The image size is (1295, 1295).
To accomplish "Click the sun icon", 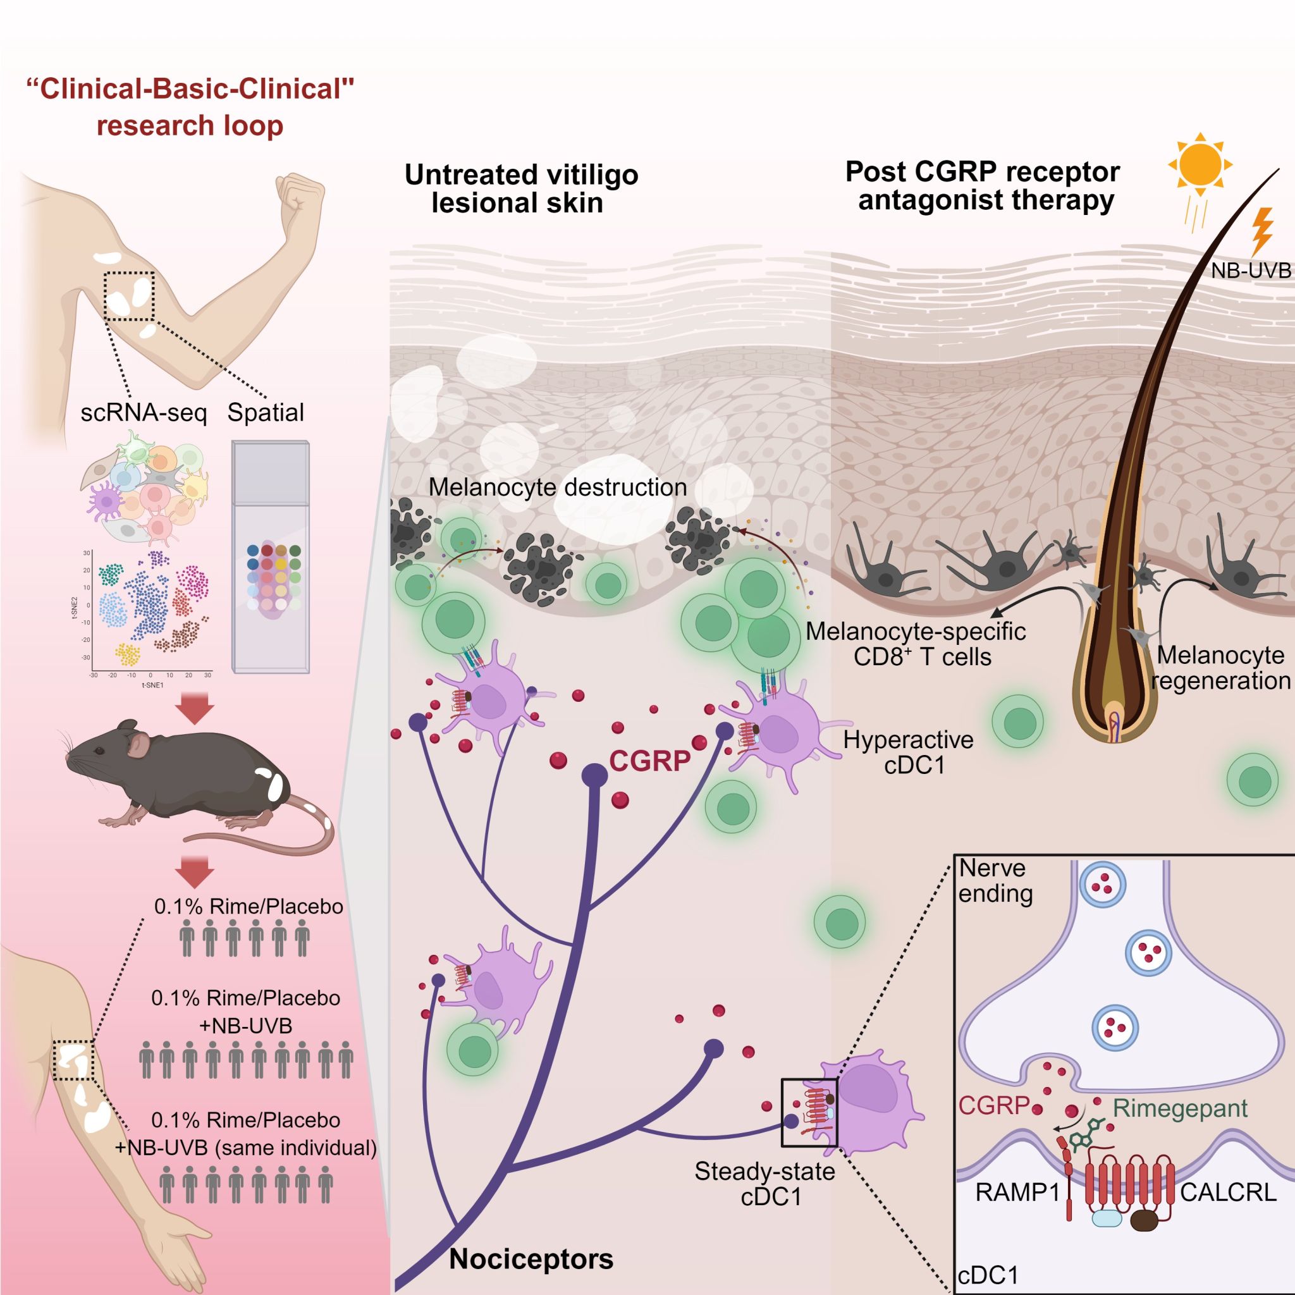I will point(1200,164).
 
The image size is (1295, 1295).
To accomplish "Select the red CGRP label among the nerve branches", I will point(649,761).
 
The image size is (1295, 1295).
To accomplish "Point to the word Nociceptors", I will point(531,1259).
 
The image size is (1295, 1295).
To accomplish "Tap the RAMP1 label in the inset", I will point(1017,1193).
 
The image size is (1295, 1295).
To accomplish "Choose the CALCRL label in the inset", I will point(1228,1193).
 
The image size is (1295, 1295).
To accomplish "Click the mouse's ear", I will point(138,746).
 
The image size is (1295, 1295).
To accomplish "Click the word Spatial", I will point(266,412).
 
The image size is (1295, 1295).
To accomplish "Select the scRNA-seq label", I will point(144,412).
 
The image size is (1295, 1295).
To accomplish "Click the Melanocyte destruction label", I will point(558,488).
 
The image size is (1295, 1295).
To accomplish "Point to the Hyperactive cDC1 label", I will point(908,752).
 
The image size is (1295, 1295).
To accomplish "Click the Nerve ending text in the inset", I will point(995,880).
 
